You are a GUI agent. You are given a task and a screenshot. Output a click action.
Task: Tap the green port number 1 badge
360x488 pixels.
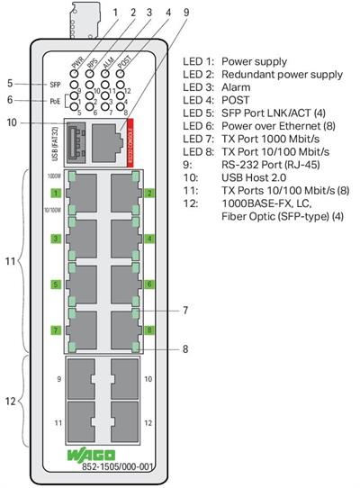pos(56,193)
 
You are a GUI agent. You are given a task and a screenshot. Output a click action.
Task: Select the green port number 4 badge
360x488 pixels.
pos(149,239)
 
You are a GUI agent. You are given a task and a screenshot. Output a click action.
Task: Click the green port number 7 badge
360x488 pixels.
pos(56,330)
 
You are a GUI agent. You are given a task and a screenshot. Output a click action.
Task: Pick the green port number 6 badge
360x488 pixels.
pos(149,285)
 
